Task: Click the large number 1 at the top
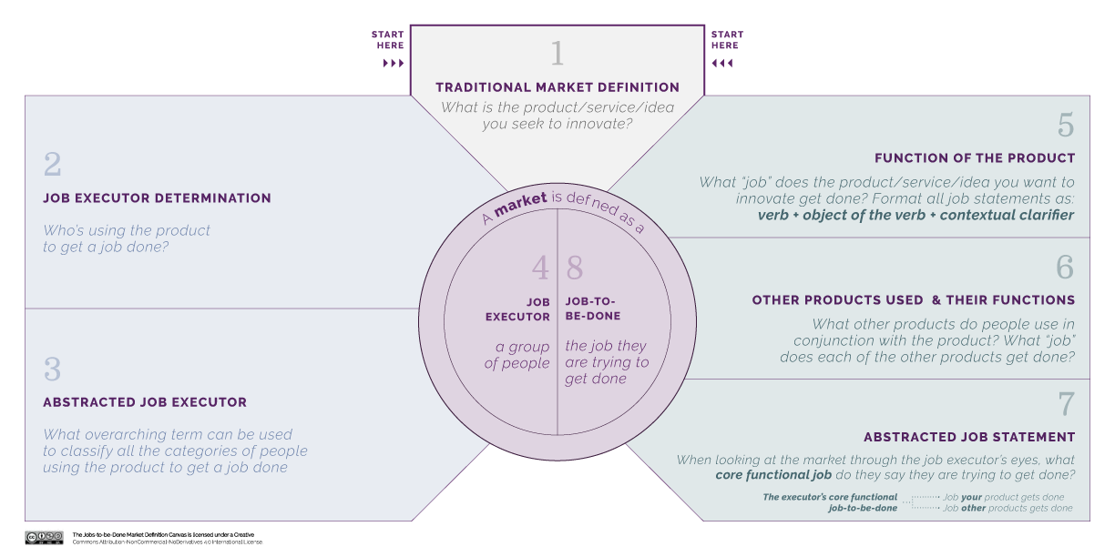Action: [557, 55]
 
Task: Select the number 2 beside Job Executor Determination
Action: [53, 166]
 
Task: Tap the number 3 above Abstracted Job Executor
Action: [53, 370]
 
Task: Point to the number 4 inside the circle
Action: [540, 268]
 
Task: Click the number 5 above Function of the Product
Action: [1065, 125]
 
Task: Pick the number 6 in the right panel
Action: [1065, 268]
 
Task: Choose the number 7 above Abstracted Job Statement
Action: [1066, 404]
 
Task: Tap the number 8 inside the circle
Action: [575, 268]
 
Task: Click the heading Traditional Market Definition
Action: [557, 87]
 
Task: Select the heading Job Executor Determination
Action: [157, 198]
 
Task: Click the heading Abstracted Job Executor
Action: [145, 402]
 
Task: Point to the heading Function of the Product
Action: [975, 158]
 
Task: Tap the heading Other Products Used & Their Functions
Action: [913, 300]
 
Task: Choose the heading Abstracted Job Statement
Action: [969, 438]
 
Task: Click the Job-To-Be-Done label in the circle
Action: [592, 309]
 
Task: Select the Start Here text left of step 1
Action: [387, 40]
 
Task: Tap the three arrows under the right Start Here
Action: [721, 64]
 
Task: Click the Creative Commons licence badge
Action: [44, 537]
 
